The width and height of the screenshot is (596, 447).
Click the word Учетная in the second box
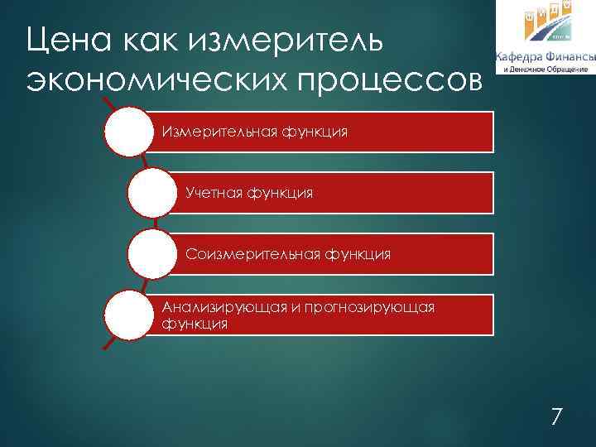click(x=214, y=192)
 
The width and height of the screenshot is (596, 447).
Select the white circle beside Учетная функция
click(x=153, y=194)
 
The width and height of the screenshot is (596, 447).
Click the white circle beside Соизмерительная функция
click(x=153, y=254)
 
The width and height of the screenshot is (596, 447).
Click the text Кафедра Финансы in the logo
click(x=545, y=56)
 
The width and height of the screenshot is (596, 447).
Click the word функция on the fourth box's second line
click(x=195, y=323)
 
